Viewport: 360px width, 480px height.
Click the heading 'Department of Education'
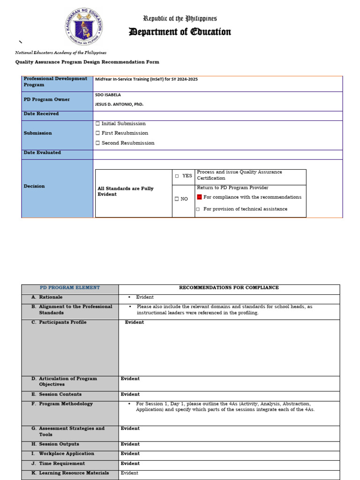(180, 32)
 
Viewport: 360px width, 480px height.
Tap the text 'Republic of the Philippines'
(180, 19)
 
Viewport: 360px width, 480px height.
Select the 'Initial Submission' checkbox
(97, 124)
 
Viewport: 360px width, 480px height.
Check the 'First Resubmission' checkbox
(97, 134)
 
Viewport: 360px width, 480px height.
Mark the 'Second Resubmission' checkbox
(97, 143)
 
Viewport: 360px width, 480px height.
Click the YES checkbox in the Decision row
(177, 176)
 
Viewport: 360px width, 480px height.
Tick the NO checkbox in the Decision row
(177, 199)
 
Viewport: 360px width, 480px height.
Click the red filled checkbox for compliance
(199, 197)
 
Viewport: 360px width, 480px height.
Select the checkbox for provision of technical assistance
(198, 209)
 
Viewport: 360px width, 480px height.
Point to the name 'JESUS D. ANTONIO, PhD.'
(119, 105)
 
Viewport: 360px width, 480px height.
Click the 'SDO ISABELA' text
(108, 95)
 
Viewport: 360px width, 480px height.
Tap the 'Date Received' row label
(41, 114)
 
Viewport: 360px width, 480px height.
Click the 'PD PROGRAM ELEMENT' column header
(70, 288)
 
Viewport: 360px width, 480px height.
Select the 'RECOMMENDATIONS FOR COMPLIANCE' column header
(229, 288)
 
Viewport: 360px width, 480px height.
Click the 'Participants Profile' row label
(62, 322)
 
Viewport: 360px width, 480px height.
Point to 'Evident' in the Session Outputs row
(130, 444)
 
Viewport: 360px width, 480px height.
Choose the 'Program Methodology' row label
(66, 404)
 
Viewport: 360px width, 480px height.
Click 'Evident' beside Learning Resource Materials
(129, 473)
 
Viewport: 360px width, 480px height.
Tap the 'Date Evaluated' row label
(42, 153)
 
